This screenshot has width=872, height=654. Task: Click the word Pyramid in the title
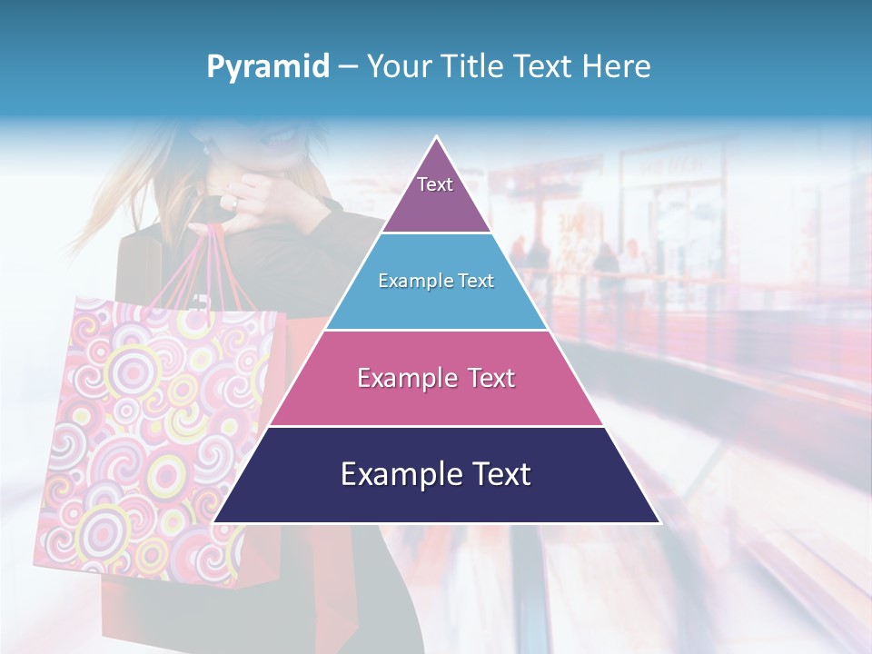(267, 66)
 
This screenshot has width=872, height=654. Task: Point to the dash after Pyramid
(347, 67)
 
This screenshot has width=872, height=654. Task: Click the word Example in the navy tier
(398, 474)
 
